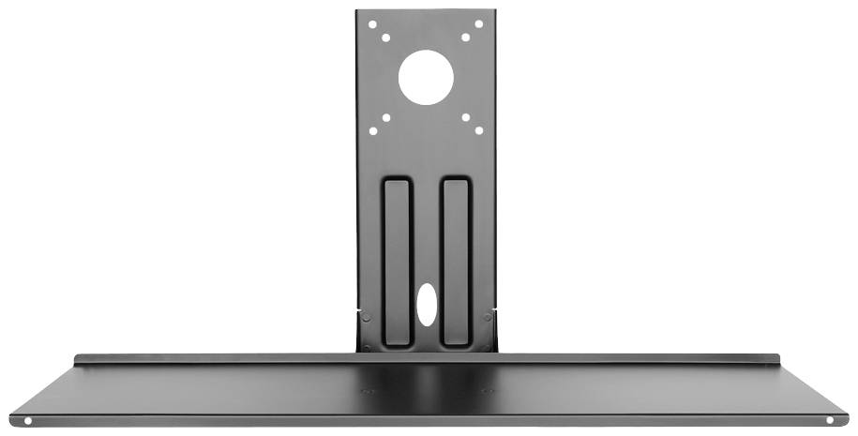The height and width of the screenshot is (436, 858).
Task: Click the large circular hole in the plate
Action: pos(426,77)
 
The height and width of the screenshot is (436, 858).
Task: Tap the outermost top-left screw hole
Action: pos(372,24)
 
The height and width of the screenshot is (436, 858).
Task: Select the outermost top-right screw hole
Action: pos(479,24)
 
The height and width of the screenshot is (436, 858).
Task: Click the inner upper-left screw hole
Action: pos(385,38)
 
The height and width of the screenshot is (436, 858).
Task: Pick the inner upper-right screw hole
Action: pos(466,38)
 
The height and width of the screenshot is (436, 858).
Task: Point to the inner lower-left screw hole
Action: pos(385,118)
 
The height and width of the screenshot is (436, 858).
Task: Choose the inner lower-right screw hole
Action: pos(466,118)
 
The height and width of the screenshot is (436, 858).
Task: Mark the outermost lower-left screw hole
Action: pos(372,131)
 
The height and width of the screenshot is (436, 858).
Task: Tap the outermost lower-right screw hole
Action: pos(479,131)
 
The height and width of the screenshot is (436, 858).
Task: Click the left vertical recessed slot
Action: pos(397,261)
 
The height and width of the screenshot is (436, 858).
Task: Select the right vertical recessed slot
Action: pos(455,261)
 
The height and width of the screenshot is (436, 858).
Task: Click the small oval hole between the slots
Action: pos(427,306)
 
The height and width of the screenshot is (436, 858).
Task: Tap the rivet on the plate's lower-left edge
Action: pos(365,317)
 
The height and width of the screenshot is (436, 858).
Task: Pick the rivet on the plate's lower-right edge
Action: pos(488,317)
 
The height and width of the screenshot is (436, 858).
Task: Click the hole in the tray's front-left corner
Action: pos(27,421)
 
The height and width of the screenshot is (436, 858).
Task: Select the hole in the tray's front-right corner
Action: pos(829,421)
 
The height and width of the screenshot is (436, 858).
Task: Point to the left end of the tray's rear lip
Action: pos(77,359)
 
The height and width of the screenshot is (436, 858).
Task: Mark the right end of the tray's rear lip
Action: pos(778,359)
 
